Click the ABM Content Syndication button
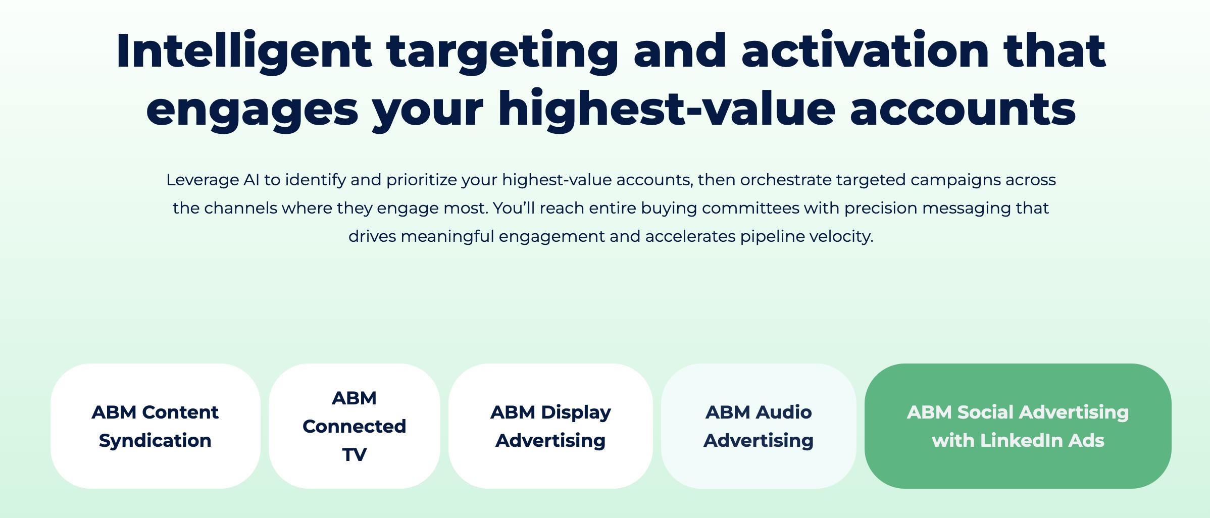click(x=155, y=426)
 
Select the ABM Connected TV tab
click(x=354, y=426)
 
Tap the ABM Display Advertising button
click(x=550, y=426)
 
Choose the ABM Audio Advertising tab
click(x=758, y=426)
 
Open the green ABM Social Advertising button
click(x=1018, y=426)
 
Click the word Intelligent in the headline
click(x=244, y=50)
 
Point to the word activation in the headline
click(x=865, y=50)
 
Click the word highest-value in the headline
click(x=667, y=109)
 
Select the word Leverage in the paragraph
click(x=203, y=180)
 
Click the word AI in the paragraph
click(x=251, y=180)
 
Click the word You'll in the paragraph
click(x=514, y=208)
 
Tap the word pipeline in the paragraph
click(x=772, y=237)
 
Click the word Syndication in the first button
click(x=155, y=440)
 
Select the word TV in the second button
click(x=354, y=454)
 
